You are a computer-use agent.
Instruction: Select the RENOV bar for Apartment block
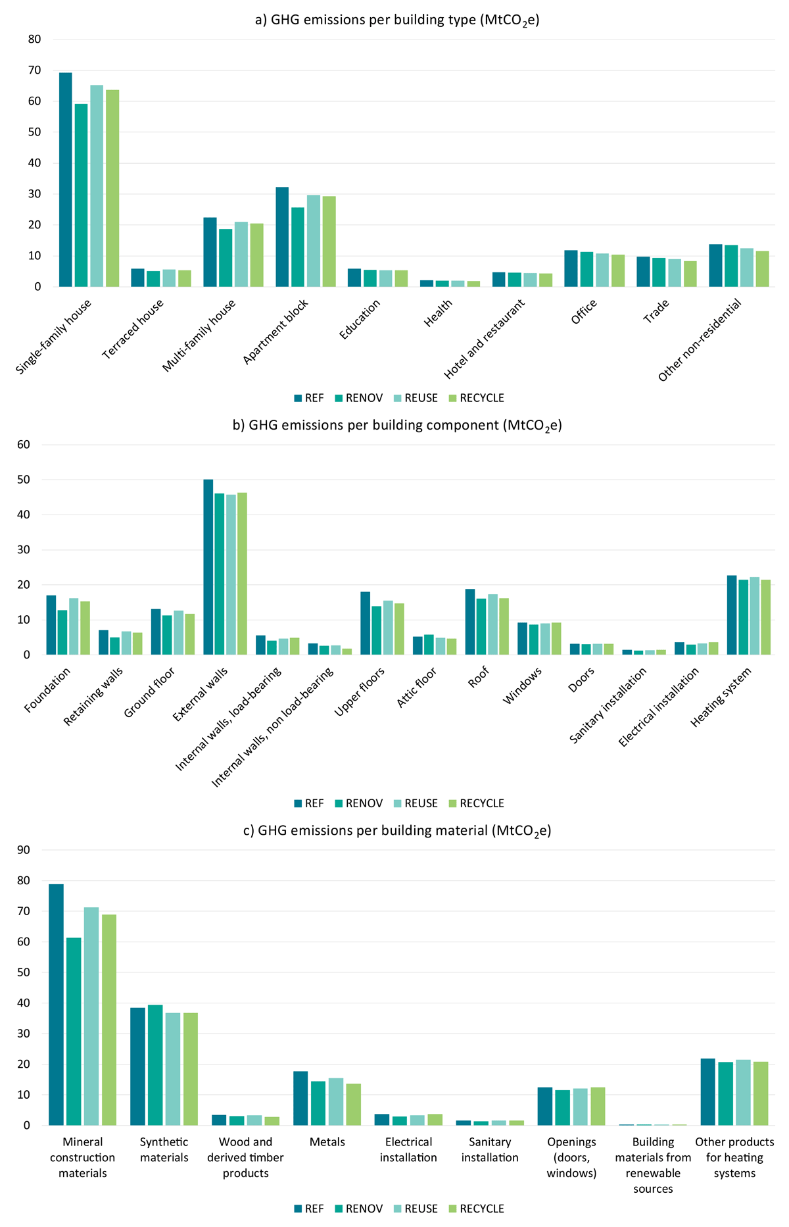coord(298,247)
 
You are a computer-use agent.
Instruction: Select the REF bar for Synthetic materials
coord(137,1066)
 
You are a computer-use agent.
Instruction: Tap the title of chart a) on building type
coord(397,20)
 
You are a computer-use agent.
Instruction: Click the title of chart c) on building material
coord(397,831)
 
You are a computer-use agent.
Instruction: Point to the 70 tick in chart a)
coord(34,70)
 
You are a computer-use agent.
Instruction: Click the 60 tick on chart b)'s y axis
coord(24,445)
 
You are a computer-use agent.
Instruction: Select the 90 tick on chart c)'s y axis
coord(24,850)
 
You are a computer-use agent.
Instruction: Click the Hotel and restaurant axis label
coord(485,339)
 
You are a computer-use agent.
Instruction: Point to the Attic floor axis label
coord(417,688)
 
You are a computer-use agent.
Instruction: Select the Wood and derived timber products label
coord(245,1158)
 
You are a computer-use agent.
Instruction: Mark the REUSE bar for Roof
coord(492,624)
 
